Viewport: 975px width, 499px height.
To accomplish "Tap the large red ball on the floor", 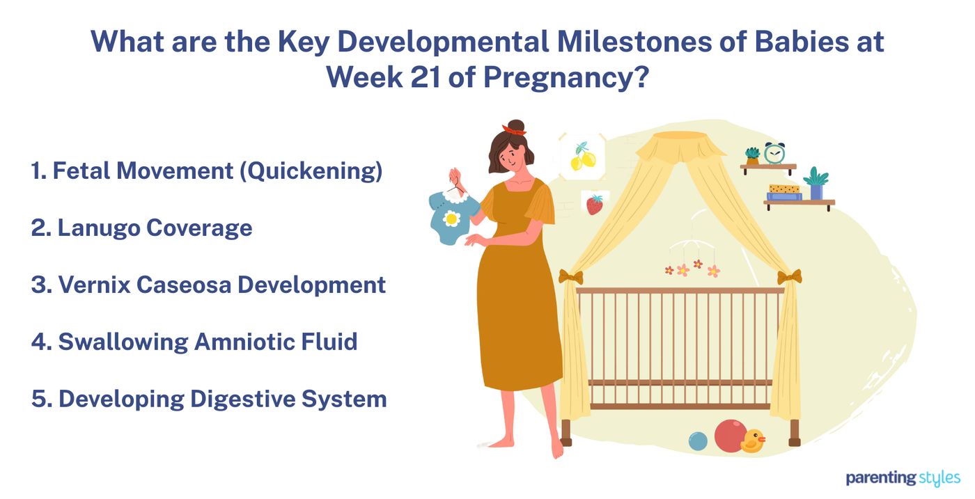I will pyautogui.click(x=729, y=436).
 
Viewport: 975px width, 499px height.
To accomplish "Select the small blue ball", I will pyautogui.click(x=697, y=441).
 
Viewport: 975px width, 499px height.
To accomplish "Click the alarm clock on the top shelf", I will pyautogui.click(x=774, y=153).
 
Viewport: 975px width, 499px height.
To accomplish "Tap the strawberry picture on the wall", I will pyautogui.click(x=594, y=204).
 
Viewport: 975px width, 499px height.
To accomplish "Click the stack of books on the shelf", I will pyautogui.click(x=784, y=193).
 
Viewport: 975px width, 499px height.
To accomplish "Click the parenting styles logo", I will pyautogui.click(x=903, y=478).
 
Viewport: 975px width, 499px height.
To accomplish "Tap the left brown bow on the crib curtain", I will pyautogui.click(x=570, y=277).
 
